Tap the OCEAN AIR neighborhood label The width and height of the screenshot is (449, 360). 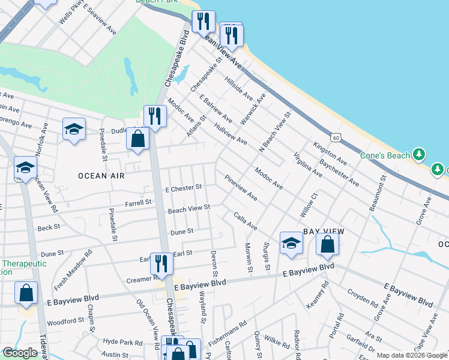[x=101, y=176]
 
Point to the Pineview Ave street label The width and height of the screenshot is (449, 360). [x=241, y=188]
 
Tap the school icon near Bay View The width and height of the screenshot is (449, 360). [x=291, y=243]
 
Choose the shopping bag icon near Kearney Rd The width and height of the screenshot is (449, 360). [x=327, y=244]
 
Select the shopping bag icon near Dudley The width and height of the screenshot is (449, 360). [x=138, y=139]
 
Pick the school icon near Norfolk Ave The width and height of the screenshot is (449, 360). [x=74, y=128]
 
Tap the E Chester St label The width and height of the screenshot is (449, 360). [x=184, y=188]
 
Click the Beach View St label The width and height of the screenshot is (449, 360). [x=189, y=208]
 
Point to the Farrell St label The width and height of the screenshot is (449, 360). [x=138, y=203]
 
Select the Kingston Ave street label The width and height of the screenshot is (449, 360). [x=330, y=154]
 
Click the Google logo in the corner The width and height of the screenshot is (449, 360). [x=20, y=353]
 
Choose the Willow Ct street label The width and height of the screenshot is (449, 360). [x=309, y=205]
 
